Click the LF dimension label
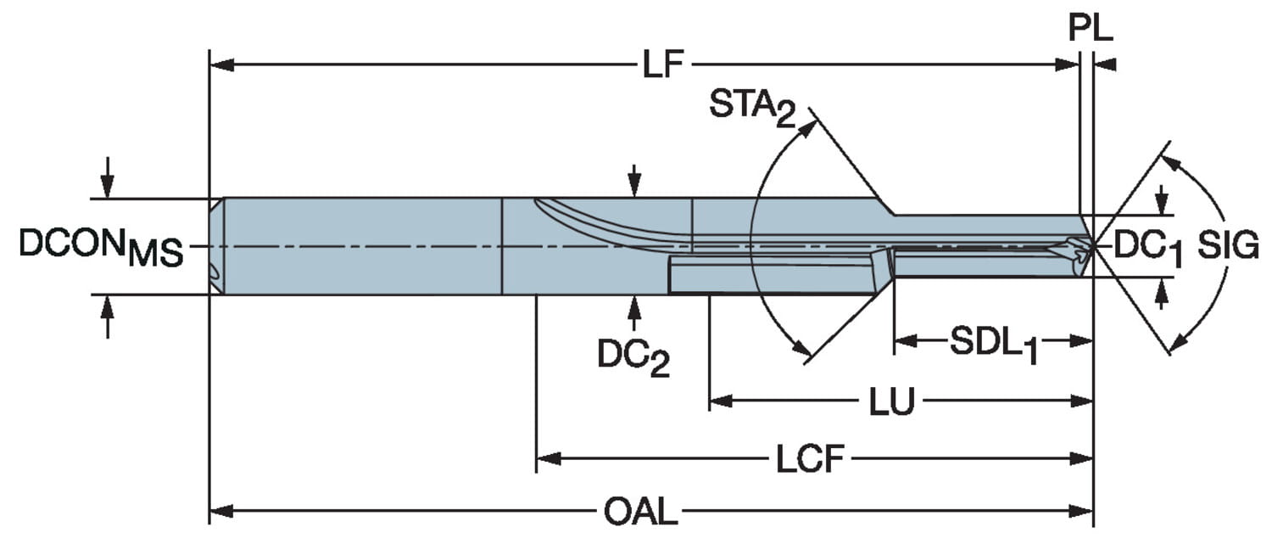663,65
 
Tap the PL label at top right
1090,29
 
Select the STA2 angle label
753,109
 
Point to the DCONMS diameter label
100,247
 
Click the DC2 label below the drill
633,357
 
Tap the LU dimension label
891,402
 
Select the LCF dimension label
811,460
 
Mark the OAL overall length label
641,513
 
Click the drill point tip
1091,245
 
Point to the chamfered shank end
216,246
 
